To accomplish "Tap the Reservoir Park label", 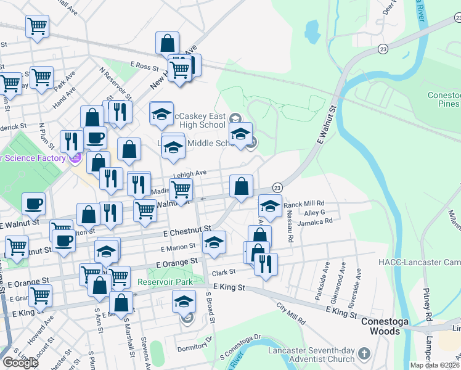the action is (161, 282).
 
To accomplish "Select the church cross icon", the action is (364, 354).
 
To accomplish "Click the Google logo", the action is (21, 362).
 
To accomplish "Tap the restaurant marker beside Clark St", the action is (266, 264).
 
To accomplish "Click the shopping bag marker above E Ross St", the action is (167, 43).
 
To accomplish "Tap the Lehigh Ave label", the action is (192, 175).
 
